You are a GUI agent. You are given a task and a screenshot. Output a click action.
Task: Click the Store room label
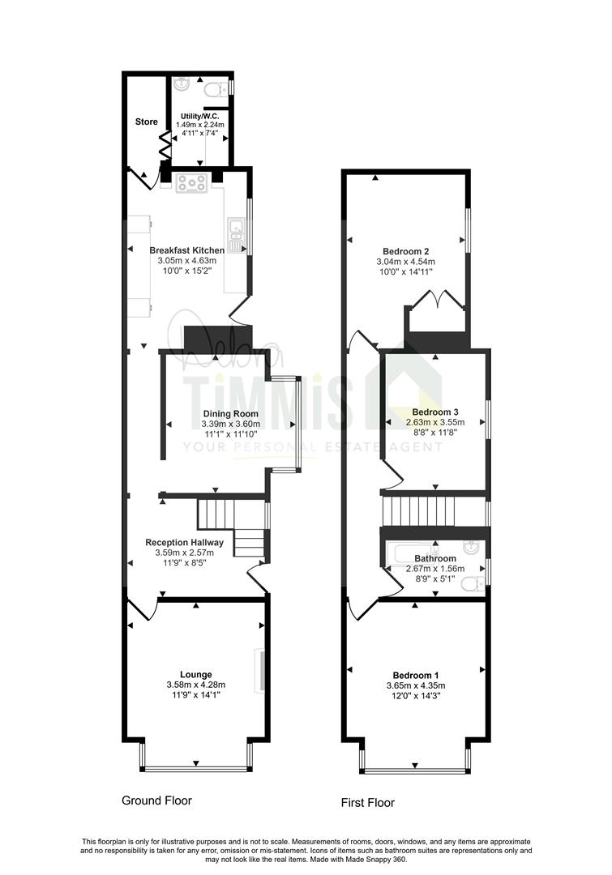(x=146, y=122)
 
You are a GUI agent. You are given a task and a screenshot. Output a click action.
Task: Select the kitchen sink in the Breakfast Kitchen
(x=236, y=233)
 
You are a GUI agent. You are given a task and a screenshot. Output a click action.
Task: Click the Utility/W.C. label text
(x=200, y=116)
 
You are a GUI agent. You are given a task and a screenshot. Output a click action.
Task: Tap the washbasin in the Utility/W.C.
(x=182, y=84)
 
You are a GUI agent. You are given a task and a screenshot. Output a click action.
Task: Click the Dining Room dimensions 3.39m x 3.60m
(x=231, y=424)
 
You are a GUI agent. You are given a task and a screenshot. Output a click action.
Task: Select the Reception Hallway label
(x=184, y=542)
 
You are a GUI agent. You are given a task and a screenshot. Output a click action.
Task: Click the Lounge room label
(x=196, y=675)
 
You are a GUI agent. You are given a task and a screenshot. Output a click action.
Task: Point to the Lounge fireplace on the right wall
(x=259, y=670)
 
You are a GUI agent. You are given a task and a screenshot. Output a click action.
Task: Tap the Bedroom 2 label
(x=406, y=251)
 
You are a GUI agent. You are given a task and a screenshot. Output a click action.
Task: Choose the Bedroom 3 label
(x=435, y=412)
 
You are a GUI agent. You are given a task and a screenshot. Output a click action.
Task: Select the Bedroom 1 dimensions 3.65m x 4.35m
(x=416, y=686)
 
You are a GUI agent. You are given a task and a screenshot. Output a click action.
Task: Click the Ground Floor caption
(x=157, y=800)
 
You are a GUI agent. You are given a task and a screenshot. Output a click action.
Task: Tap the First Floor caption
(x=368, y=803)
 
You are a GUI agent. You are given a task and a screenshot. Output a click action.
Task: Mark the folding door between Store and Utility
(x=165, y=145)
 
